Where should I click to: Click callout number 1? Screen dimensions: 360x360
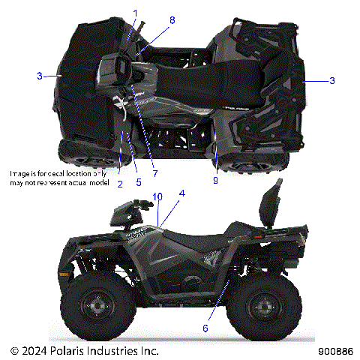(x=136, y=13)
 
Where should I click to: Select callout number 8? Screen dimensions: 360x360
(x=172, y=20)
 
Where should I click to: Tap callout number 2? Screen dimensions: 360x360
(x=119, y=182)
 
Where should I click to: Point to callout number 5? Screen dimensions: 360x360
(x=139, y=182)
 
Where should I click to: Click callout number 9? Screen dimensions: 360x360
(x=216, y=180)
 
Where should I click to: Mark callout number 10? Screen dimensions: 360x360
(x=157, y=196)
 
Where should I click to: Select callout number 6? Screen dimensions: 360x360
(x=205, y=328)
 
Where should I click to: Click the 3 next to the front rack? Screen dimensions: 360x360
(x=39, y=75)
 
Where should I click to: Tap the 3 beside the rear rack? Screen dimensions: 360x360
(x=332, y=80)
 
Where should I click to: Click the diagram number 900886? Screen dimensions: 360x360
(x=336, y=350)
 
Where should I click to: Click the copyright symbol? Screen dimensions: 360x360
(x=14, y=350)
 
